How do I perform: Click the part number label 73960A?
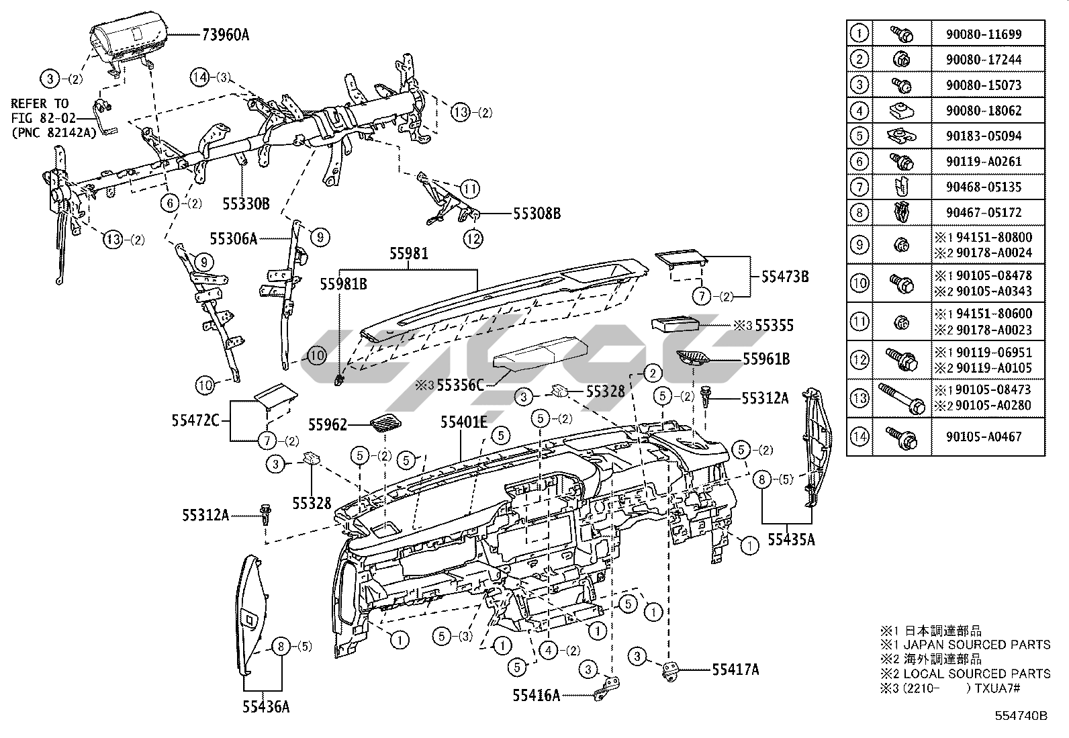tap(225, 35)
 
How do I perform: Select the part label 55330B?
tap(246, 204)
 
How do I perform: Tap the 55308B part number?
tap(537, 214)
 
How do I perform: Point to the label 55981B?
tap(343, 284)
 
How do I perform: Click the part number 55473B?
tap(784, 277)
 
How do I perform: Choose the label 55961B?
tap(766, 359)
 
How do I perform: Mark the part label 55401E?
tap(463, 422)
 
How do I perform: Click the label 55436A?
tap(266, 707)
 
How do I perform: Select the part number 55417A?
tap(735, 670)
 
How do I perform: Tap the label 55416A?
tap(537, 696)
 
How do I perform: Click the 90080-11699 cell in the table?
tap(984, 34)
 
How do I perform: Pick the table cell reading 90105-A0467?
tap(984, 436)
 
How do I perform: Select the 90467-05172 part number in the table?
tap(984, 212)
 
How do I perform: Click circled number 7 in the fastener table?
tap(859, 187)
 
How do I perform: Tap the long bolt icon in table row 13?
tap(902, 398)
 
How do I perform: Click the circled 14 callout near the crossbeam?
tap(200, 77)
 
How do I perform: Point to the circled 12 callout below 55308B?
tap(473, 238)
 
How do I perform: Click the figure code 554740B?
tap(1021, 716)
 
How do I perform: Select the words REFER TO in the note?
tap(40, 103)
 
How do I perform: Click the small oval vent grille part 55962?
tap(385, 423)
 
